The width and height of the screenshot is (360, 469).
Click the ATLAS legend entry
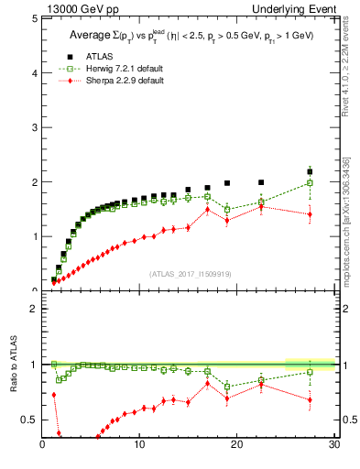[87, 54]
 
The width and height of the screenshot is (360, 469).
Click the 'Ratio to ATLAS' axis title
[13, 365]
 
